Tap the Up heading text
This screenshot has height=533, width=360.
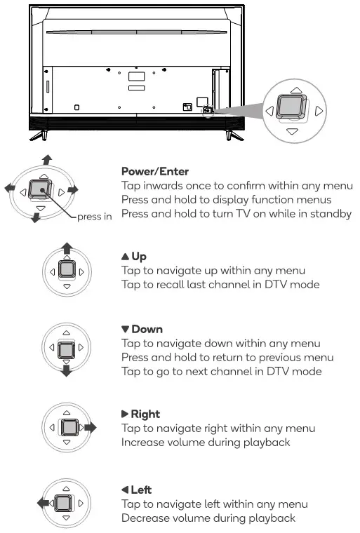[x=138, y=257]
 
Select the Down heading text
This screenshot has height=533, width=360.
[x=142, y=329]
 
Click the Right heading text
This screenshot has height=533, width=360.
[x=141, y=414]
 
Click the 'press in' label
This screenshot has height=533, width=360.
[x=94, y=216]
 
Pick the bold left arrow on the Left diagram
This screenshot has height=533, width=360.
[x=42, y=502]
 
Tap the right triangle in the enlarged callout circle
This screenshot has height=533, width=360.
[x=319, y=110]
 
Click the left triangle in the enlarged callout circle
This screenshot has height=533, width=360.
[x=267, y=110]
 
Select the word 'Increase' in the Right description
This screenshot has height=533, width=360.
[x=143, y=443]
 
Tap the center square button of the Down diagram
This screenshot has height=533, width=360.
[x=66, y=349]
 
